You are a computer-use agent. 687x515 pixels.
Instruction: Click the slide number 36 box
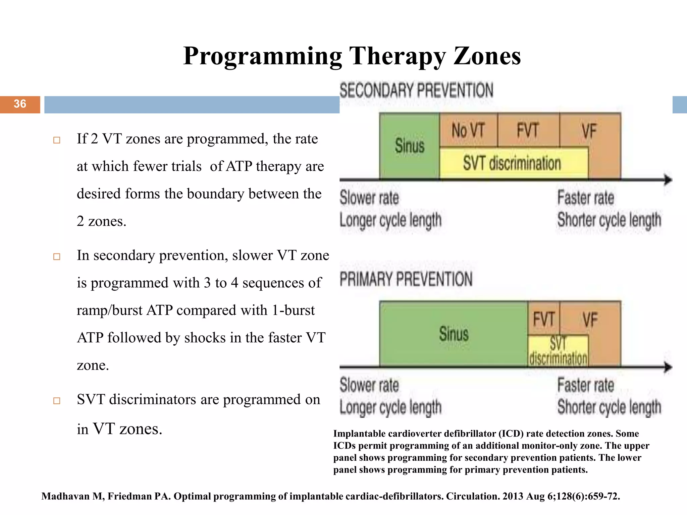[20, 104]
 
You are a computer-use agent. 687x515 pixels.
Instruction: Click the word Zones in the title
[487, 56]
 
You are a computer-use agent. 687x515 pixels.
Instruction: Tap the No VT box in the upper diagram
[468, 130]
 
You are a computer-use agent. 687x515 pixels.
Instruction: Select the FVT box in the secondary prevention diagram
[528, 130]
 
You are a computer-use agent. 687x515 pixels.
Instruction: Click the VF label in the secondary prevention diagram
[589, 131]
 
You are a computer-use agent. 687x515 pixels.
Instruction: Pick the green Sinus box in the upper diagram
[409, 146]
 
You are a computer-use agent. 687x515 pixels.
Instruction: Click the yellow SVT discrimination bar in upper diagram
[512, 163]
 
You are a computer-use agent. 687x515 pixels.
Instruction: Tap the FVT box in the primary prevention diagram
[543, 318]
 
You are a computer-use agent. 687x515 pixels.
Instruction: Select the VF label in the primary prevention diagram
[590, 319]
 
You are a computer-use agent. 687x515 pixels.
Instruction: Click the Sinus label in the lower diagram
[454, 334]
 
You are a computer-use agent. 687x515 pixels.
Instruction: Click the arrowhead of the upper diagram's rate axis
[668, 180]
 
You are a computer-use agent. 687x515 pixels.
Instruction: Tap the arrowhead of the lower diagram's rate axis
[668, 367]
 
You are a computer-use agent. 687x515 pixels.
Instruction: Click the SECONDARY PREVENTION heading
[416, 91]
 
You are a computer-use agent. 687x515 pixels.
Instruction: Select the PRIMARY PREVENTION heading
[406, 279]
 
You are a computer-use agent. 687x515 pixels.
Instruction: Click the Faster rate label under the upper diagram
[586, 197]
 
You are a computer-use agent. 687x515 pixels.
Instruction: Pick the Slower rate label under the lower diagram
[369, 385]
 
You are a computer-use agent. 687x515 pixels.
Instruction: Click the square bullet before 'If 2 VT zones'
[57, 140]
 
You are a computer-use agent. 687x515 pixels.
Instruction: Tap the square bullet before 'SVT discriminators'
[57, 401]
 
